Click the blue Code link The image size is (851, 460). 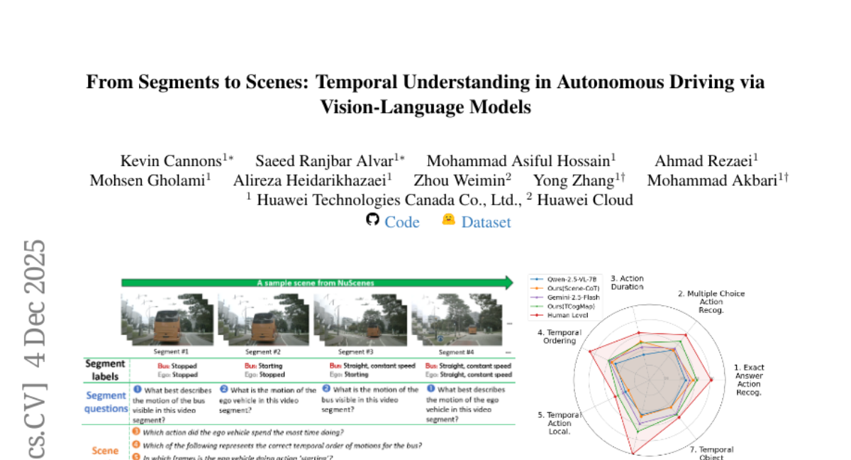(x=401, y=222)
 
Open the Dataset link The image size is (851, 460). (x=486, y=222)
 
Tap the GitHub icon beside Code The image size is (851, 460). (x=373, y=220)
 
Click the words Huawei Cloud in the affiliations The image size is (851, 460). (x=584, y=200)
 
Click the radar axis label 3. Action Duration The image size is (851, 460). (x=627, y=283)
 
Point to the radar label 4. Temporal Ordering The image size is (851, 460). (x=560, y=336)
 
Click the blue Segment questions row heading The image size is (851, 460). (x=106, y=402)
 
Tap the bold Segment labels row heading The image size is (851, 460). (x=105, y=369)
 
